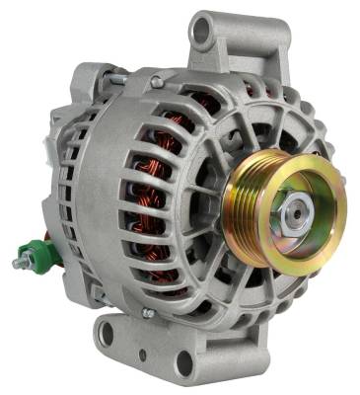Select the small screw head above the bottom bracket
click(x=148, y=313)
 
